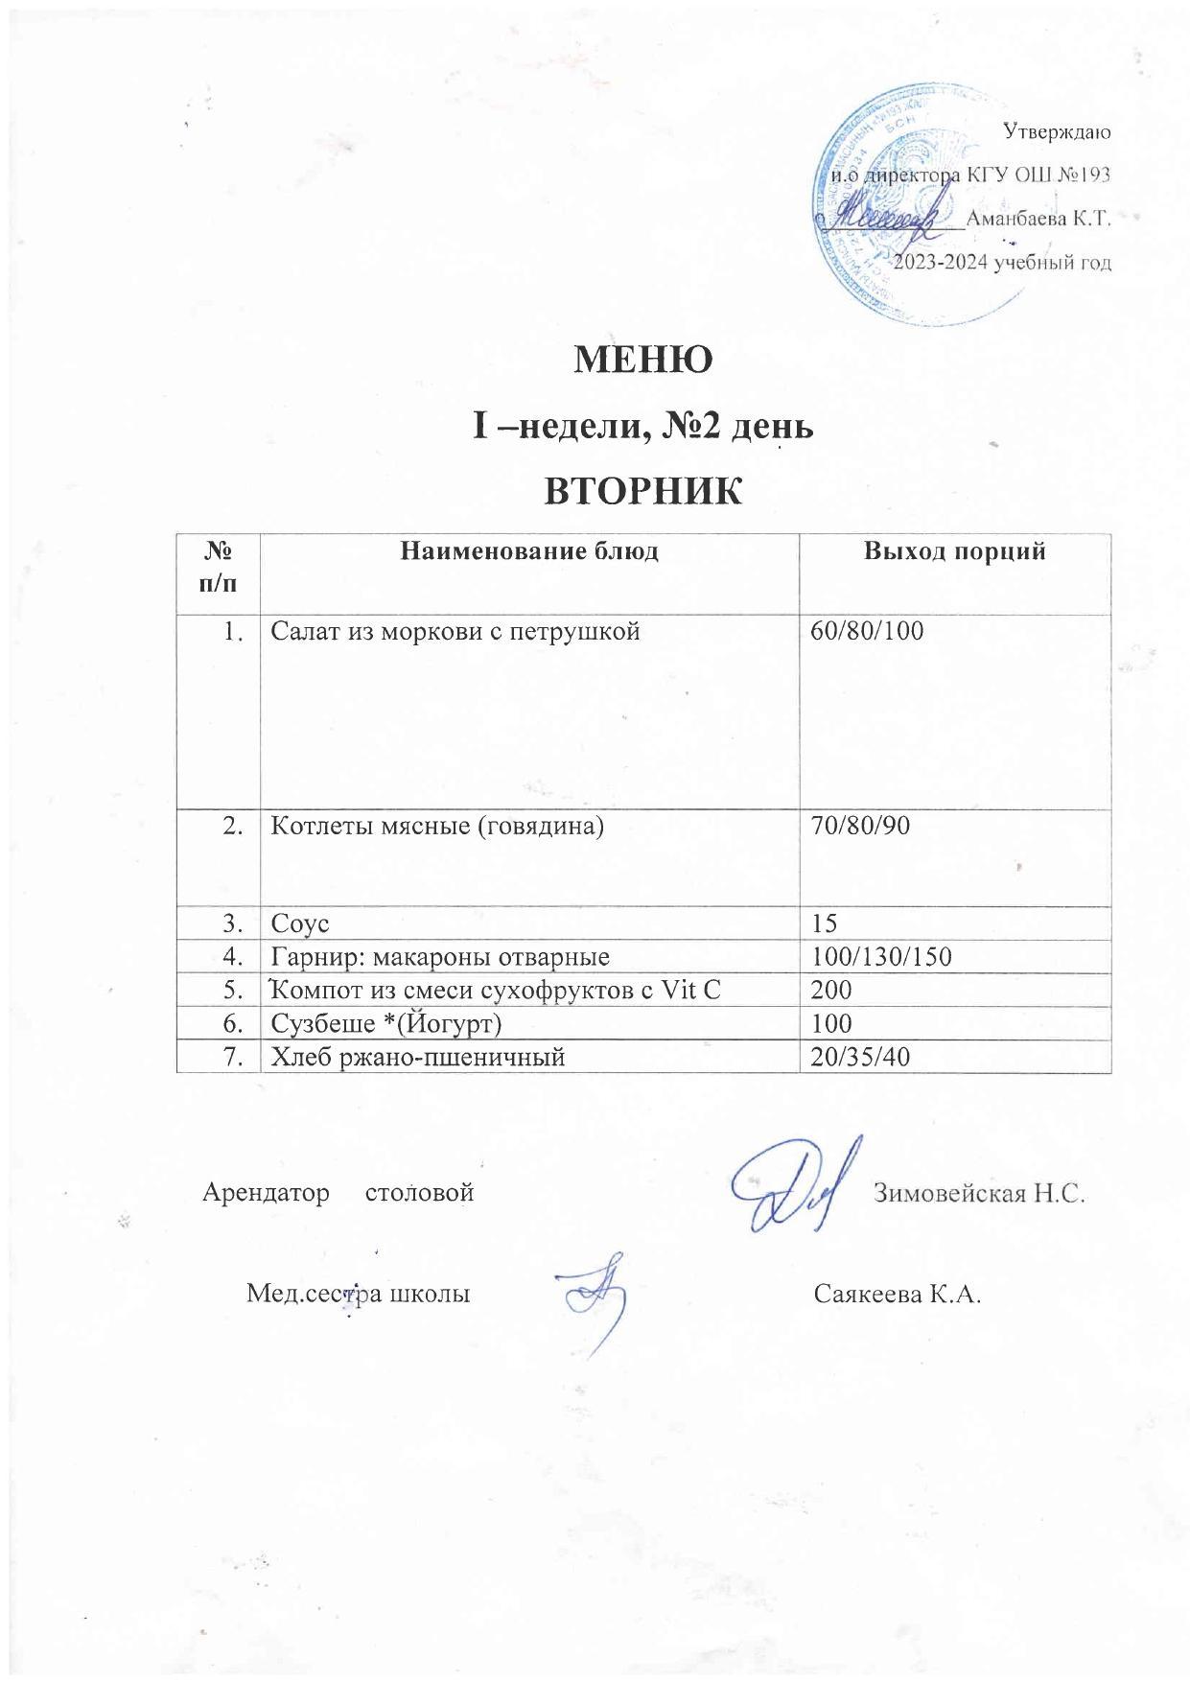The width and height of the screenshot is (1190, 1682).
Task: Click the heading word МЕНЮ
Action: click(642, 361)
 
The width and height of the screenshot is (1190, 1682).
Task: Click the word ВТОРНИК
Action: click(642, 491)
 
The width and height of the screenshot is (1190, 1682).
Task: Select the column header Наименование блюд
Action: click(528, 551)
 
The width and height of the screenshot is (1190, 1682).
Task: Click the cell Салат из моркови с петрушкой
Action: click(455, 631)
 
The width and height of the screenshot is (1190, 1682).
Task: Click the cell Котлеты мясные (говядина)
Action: click(437, 826)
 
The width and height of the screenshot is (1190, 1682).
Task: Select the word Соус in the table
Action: click(301, 923)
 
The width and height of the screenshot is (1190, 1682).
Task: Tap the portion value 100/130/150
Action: click(880, 957)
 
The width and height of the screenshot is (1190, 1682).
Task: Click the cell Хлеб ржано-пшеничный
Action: click(417, 1057)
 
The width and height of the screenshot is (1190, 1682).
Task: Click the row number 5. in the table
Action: click(232, 990)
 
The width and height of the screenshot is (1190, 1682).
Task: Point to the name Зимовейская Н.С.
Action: click(978, 1194)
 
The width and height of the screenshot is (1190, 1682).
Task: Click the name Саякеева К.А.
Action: click(898, 1294)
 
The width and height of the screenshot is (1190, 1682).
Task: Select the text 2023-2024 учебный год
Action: click(1002, 263)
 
